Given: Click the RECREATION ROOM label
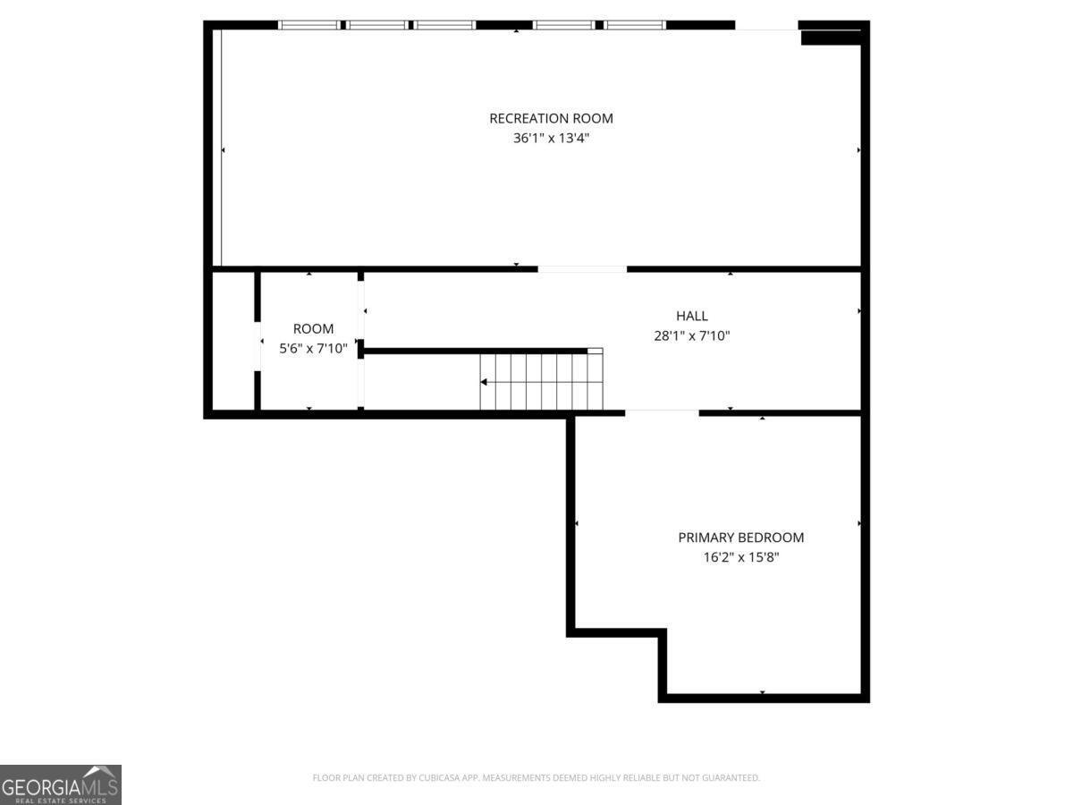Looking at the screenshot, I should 551,118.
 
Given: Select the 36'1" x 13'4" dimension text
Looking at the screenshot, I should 551,139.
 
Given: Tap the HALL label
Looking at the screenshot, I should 692,316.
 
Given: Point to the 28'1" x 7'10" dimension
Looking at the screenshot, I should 692,336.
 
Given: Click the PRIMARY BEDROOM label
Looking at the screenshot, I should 740,538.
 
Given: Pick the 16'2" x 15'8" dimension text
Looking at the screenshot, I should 740,557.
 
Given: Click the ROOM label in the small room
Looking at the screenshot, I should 313,329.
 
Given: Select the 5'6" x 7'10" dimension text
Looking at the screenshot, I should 313,349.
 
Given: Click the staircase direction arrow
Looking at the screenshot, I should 484,382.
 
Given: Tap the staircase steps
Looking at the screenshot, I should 541,382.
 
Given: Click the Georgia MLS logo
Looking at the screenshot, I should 60,784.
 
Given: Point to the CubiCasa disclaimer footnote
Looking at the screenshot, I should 536,778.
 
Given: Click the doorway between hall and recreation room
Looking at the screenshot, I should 582,268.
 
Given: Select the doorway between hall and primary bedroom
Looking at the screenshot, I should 662,412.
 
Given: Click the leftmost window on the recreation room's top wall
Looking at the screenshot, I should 308,25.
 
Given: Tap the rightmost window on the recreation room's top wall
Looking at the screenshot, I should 635,25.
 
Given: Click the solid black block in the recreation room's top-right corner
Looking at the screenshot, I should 830,37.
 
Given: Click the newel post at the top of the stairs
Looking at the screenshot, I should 595,352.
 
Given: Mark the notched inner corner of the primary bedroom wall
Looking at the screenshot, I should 662,633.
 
